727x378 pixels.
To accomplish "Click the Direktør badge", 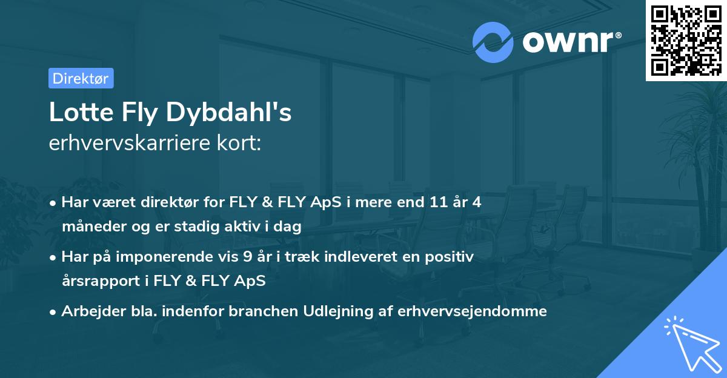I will coord(81,78).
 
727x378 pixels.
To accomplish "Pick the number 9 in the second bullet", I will coord(247,256).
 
